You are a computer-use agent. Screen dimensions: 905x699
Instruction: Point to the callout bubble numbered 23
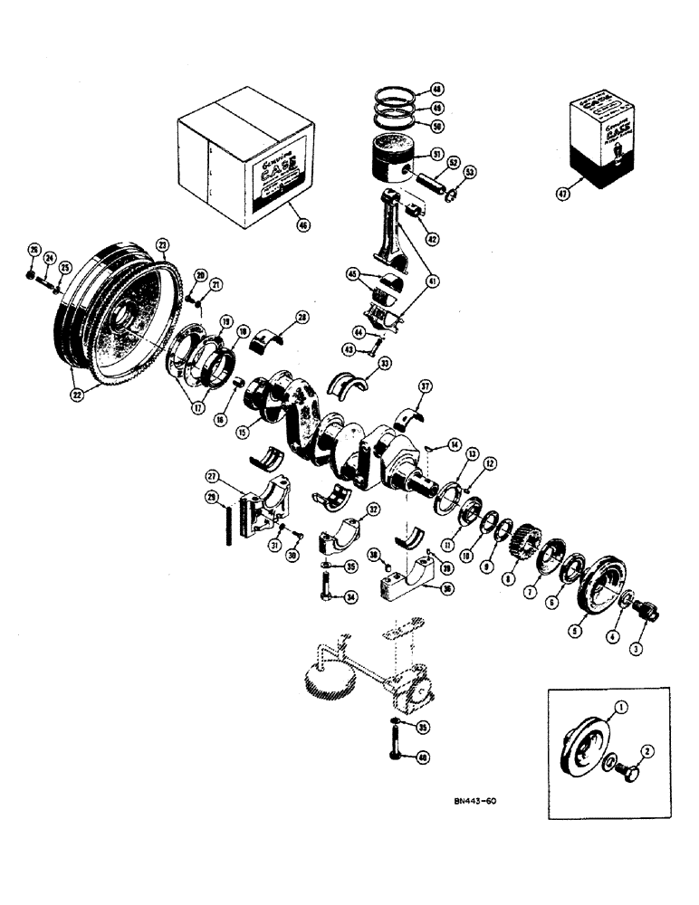[163, 243]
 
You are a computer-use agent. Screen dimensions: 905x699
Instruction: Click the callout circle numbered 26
[34, 250]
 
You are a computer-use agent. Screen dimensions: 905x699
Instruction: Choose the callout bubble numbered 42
[433, 239]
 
